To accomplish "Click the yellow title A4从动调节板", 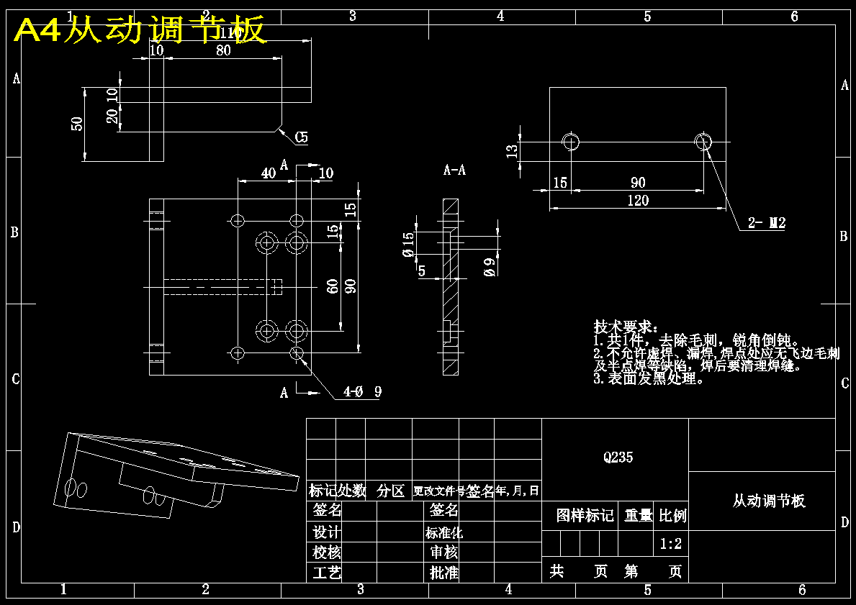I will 141,30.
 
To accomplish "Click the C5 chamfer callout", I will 301,137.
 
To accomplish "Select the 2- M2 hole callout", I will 766,224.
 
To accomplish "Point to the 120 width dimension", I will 638,201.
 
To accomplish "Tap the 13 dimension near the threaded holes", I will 512,151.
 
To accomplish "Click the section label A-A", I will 454,170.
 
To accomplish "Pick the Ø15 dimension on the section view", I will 409,245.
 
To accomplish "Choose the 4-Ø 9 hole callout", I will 362,392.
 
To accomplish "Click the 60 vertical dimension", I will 333,286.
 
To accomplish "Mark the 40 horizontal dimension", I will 268,173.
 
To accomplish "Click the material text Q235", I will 618,457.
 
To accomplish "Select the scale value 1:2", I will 671,545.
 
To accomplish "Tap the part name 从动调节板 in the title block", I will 769,501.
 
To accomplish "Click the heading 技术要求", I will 625,327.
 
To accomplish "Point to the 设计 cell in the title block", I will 326,532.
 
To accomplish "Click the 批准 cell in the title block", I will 444,573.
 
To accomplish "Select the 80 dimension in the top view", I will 223,50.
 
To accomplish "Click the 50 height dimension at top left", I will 77,124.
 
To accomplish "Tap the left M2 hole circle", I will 572,141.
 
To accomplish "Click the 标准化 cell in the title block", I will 444,533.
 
